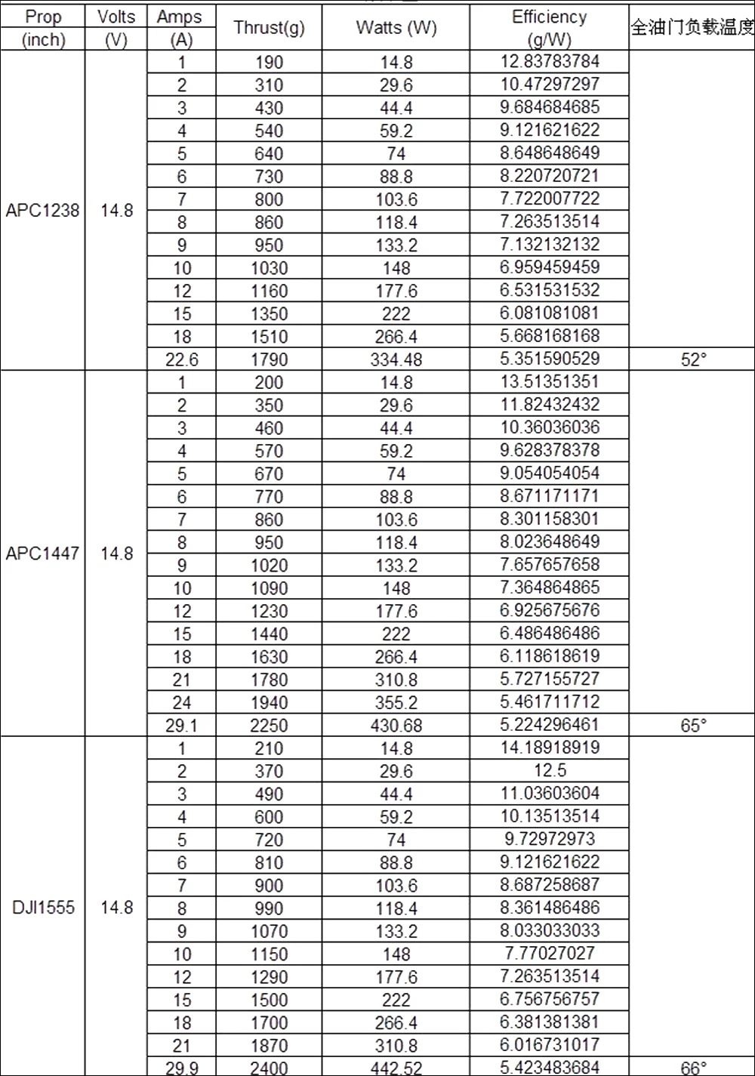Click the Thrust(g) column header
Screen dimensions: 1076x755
(x=269, y=28)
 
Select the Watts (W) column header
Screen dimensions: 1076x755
(x=396, y=28)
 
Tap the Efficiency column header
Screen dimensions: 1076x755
(x=549, y=27)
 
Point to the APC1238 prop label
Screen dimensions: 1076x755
(x=42, y=210)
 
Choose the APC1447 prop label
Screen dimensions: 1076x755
(x=42, y=553)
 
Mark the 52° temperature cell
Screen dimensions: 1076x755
(x=692, y=359)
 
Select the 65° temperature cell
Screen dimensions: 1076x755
(x=692, y=726)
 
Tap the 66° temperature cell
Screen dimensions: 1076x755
(x=692, y=1068)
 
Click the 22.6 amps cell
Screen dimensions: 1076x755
(x=181, y=359)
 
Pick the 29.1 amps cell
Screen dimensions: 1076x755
(x=181, y=726)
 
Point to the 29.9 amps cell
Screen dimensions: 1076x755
(x=181, y=1068)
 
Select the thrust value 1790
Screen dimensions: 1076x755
(x=269, y=359)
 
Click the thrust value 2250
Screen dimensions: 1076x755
(x=269, y=726)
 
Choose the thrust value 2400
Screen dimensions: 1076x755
(x=269, y=1068)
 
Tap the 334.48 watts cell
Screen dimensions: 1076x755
(x=396, y=359)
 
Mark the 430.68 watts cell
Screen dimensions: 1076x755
(x=396, y=726)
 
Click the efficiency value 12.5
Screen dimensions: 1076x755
(x=549, y=771)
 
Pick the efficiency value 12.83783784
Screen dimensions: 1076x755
(x=549, y=61)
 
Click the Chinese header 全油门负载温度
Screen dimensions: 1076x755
(x=692, y=28)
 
